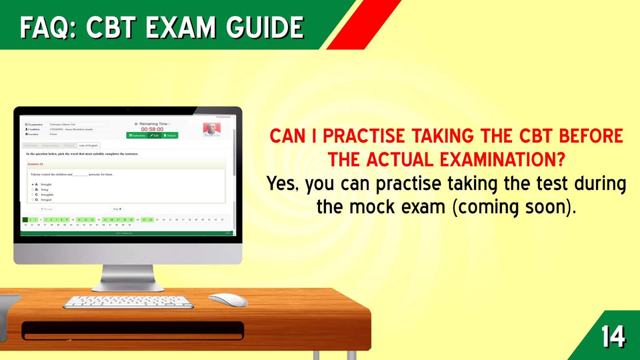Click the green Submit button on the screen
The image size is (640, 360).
coord(170,136)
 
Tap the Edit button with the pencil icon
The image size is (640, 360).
coord(155,136)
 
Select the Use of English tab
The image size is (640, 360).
coord(88,146)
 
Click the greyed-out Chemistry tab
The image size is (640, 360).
coord(31,146)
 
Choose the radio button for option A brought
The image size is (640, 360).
coord(33,184)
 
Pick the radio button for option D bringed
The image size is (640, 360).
coord(33,200)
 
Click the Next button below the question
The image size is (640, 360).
coord(117,209)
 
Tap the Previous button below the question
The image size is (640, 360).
coord(47,209)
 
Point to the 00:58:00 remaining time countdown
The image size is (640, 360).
coord(152,129)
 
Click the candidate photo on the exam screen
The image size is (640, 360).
coord(212,129)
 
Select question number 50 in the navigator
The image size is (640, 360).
coord(130,225)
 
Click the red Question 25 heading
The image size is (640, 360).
coord(35,164)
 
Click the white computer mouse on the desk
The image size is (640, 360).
coord(228,300)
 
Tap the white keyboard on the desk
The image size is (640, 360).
coord(128,302)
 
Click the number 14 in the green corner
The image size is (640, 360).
coord(613,336)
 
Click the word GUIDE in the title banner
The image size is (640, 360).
coord(265,28)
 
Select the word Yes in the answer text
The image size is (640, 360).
coord(282,184)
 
